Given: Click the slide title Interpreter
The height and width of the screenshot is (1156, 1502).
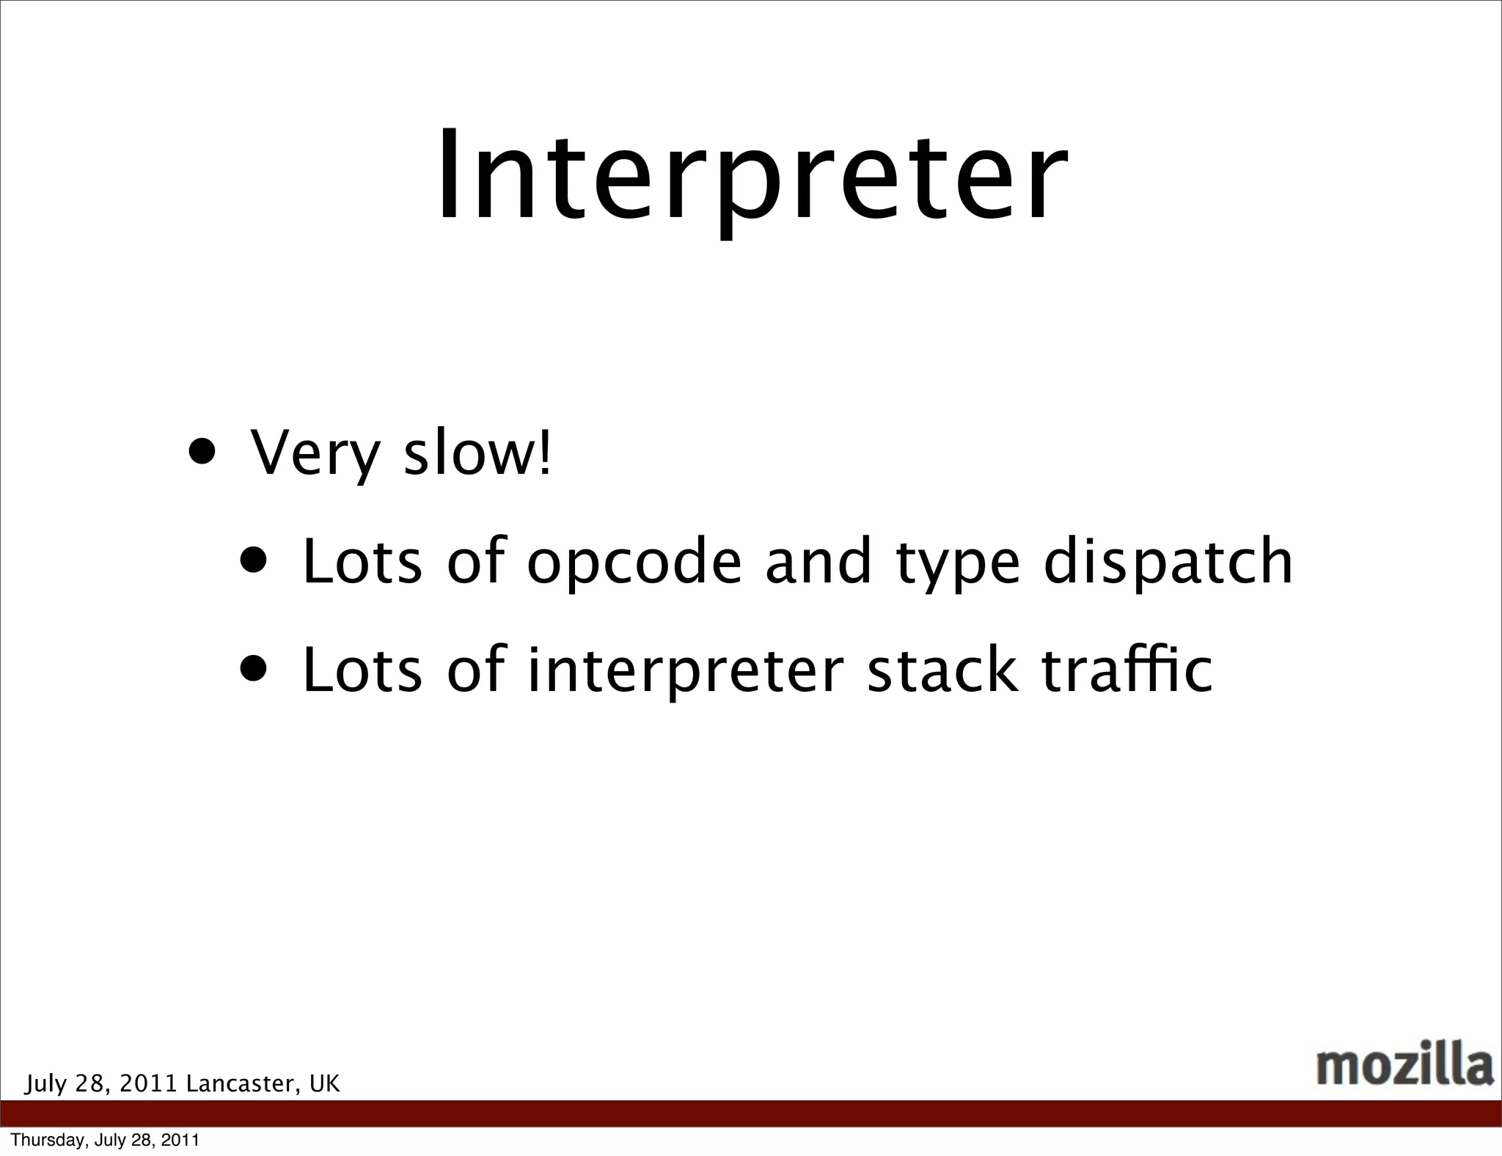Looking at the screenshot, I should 751,176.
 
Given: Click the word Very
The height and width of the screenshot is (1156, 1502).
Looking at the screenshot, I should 315,453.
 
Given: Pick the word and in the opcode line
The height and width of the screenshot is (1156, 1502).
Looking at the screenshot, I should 818,562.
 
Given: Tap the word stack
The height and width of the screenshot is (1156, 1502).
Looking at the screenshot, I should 942,670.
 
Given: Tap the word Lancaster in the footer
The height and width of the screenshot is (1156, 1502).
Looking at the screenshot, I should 242,1084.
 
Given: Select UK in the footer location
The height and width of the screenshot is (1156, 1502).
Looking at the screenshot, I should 324,1084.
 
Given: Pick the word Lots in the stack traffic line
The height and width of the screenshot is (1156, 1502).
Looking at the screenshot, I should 362,670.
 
